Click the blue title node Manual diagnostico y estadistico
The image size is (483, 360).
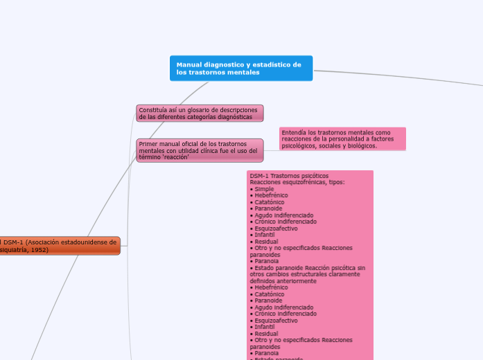tap(240, 68)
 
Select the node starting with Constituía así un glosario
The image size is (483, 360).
tap(200, 113)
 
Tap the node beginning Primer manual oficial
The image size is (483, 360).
tap(200, 150)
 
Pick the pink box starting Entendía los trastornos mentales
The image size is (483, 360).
tap(342, 138)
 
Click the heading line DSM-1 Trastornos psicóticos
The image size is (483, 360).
tap(289, 175)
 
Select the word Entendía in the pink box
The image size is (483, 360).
tap(294, 132)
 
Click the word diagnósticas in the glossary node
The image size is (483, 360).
tap(231, 116)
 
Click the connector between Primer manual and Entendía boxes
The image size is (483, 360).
tap(271, 146)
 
